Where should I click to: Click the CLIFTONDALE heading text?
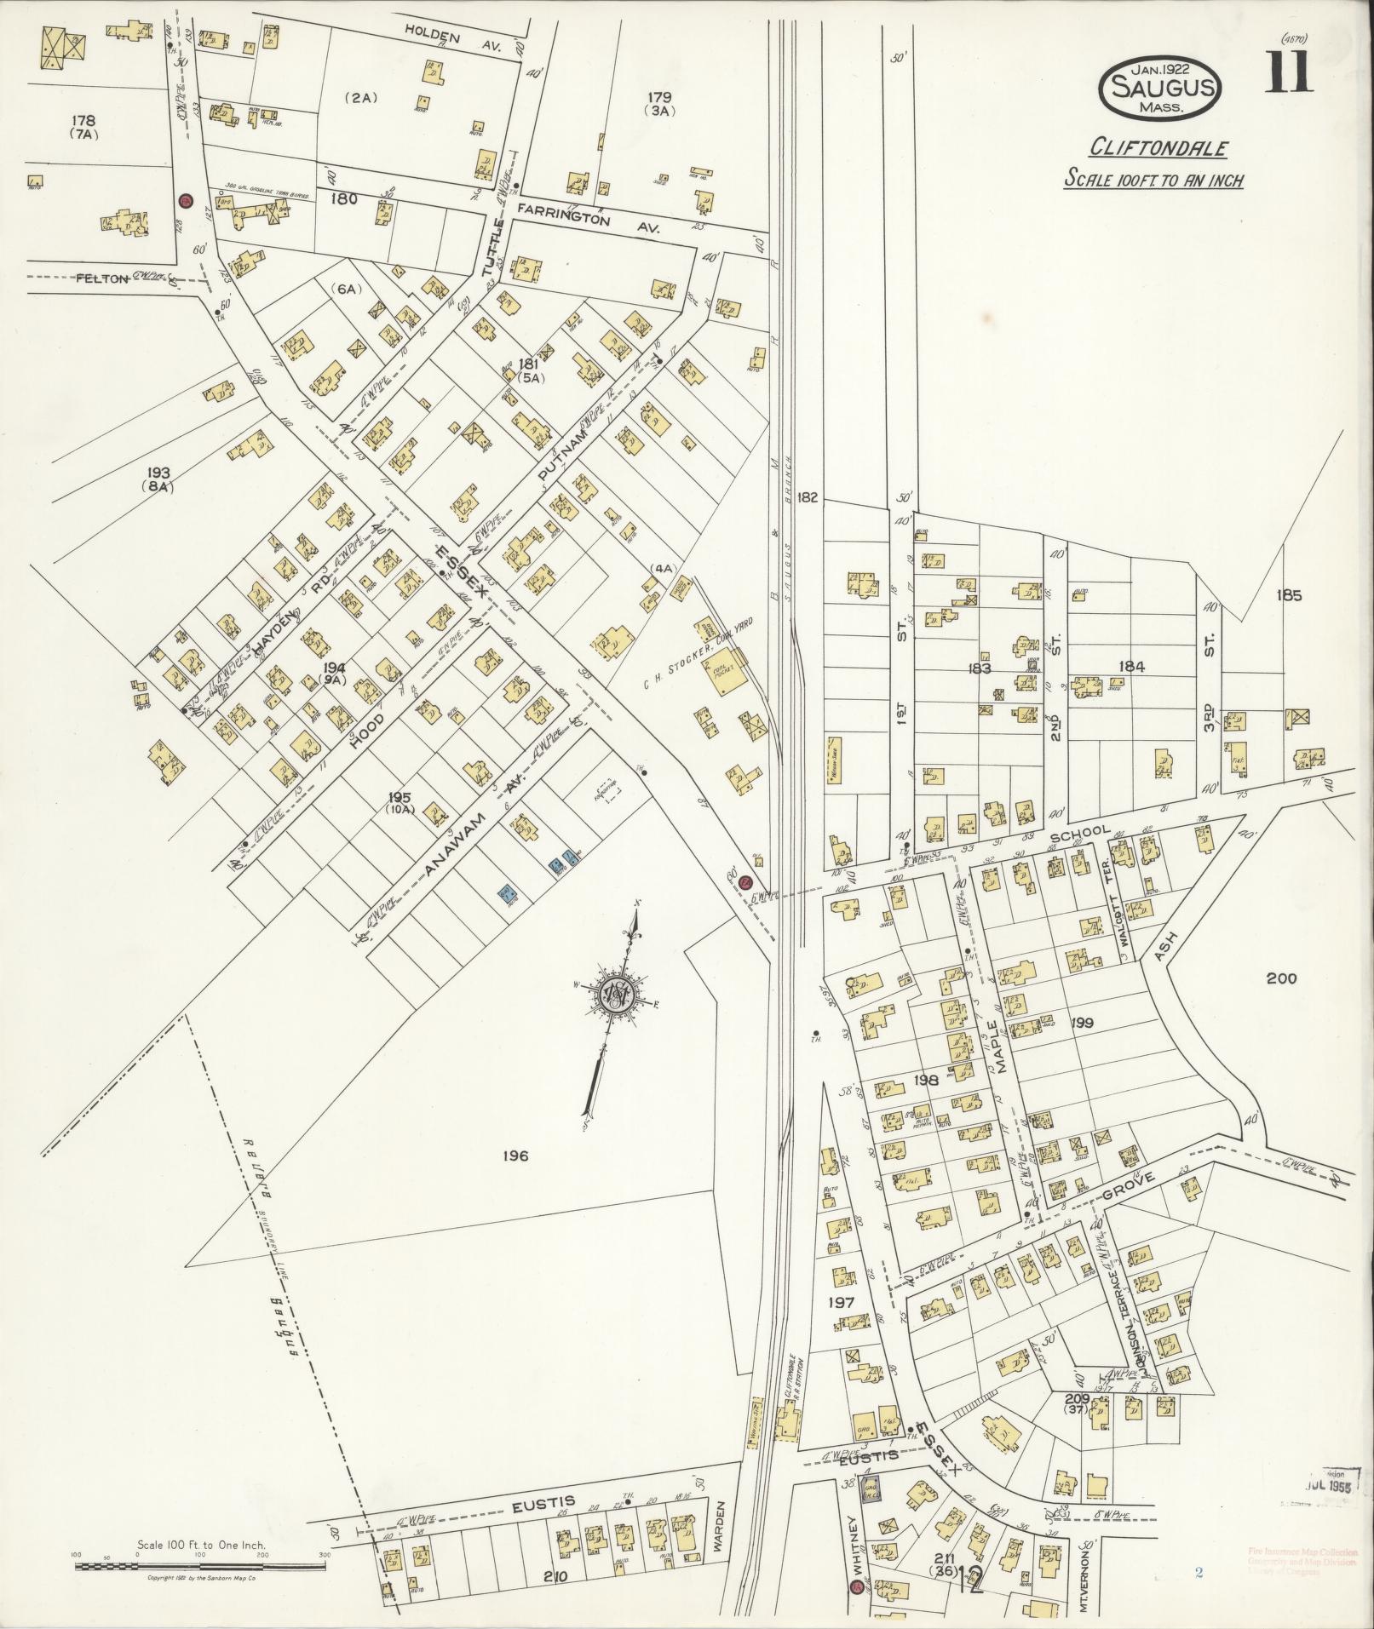pos(1159,148)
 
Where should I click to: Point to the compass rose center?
pos(614,995)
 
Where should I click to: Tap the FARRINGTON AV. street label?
pos(588,219)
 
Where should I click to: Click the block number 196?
pos(515,1156)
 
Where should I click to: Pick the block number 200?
pos(1280,978)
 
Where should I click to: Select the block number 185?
pos(1289,595)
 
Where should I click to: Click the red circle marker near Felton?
pos(185,201)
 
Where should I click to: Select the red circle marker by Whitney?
pos(856,1586)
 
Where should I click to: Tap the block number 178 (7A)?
pos(83,126)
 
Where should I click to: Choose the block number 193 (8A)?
pos(158,479)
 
